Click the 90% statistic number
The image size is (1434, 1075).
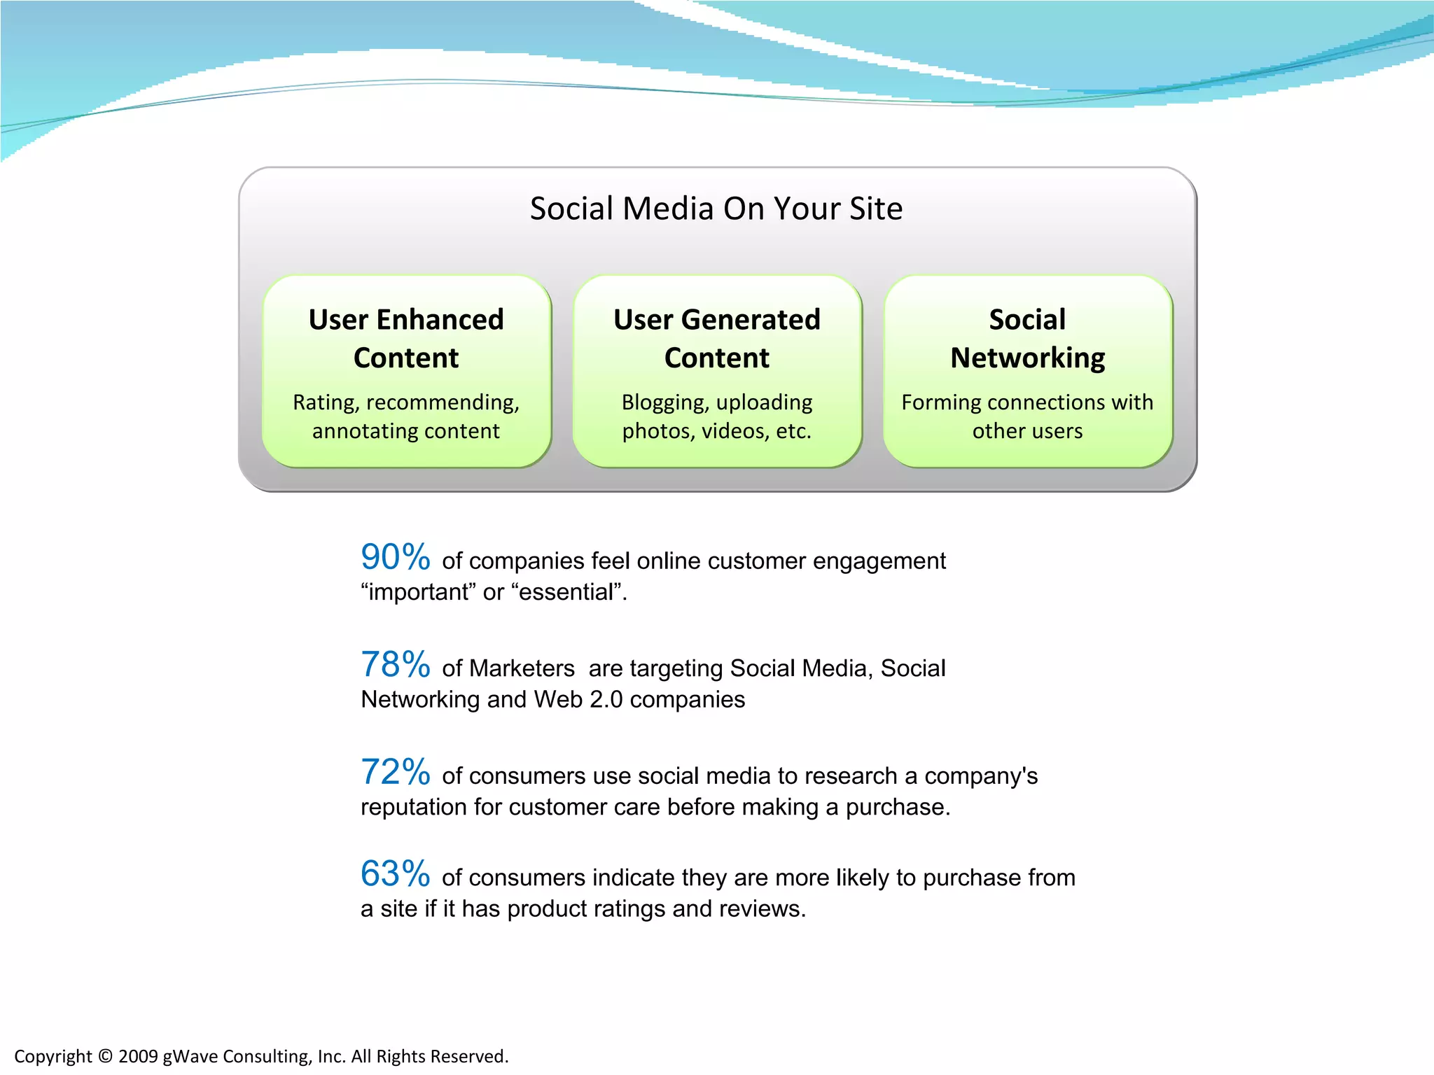(x=395, y=558)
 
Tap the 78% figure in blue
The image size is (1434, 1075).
(x=395, y=665)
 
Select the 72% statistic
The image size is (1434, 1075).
(x=395, y=773)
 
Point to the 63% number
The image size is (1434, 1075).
(x=395, y=874)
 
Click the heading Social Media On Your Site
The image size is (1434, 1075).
(x=716, y=209)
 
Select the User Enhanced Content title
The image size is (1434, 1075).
(x=406, y=339)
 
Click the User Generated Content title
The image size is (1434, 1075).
(x=716, y=339)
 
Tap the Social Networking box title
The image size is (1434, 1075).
(x=1027, y=339)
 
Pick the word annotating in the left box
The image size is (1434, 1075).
(x=355, y=431)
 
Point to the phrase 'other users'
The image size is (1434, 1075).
(x=1027, y=431)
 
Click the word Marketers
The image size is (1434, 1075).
(x=522, y=668)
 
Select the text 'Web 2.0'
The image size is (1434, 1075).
(x=578, y=700)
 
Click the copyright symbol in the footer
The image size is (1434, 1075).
(x=105, y=1056)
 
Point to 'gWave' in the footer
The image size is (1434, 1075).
(x=190, y=1056)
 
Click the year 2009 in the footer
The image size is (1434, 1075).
(x=138, y=1056)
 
